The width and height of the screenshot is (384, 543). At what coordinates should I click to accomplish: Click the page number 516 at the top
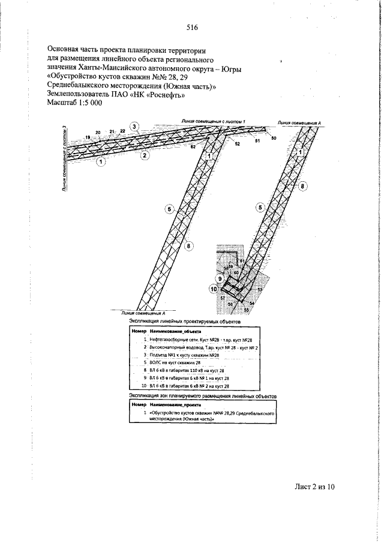[x=192, y=28]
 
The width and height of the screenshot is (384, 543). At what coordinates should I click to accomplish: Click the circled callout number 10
[x=214, y=289]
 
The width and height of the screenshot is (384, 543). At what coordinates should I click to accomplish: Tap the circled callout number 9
[x=220, y=278]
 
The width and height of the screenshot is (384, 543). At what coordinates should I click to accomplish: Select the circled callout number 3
[x=135, y=127]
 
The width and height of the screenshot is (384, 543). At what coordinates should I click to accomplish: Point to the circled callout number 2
[x=145, y=156]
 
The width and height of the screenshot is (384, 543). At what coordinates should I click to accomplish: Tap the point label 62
[x=193, y=146]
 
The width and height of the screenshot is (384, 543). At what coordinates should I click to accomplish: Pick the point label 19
[x=88, y=138]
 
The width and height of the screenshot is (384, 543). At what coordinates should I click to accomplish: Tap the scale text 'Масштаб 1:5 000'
[x=74, y=103]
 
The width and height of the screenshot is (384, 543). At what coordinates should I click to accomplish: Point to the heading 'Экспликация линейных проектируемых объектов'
[x=185, y=322]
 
